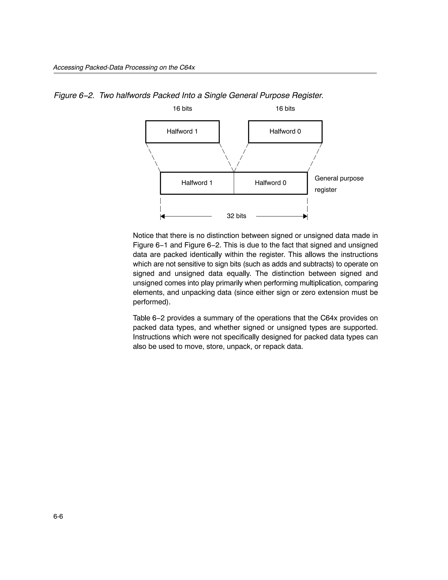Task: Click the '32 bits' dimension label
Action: [x=236, y=216]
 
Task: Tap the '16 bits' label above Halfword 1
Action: [x=182, y=109]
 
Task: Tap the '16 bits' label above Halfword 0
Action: [x=285, y=109]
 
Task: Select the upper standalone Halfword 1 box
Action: [x=182, y=131]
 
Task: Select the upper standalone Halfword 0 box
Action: [x=285, y=131]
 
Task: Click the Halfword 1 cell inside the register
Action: [x=197, y=183]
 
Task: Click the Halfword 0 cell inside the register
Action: [x=270, y=183]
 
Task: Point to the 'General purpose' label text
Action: [x=339, y=178]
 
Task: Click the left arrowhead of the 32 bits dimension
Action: [x=163, y=216]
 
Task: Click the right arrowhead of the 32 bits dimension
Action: [x=305, y=216]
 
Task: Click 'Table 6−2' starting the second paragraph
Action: [x=149, y=318]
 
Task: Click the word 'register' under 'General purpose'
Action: [x=325, y=190]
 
